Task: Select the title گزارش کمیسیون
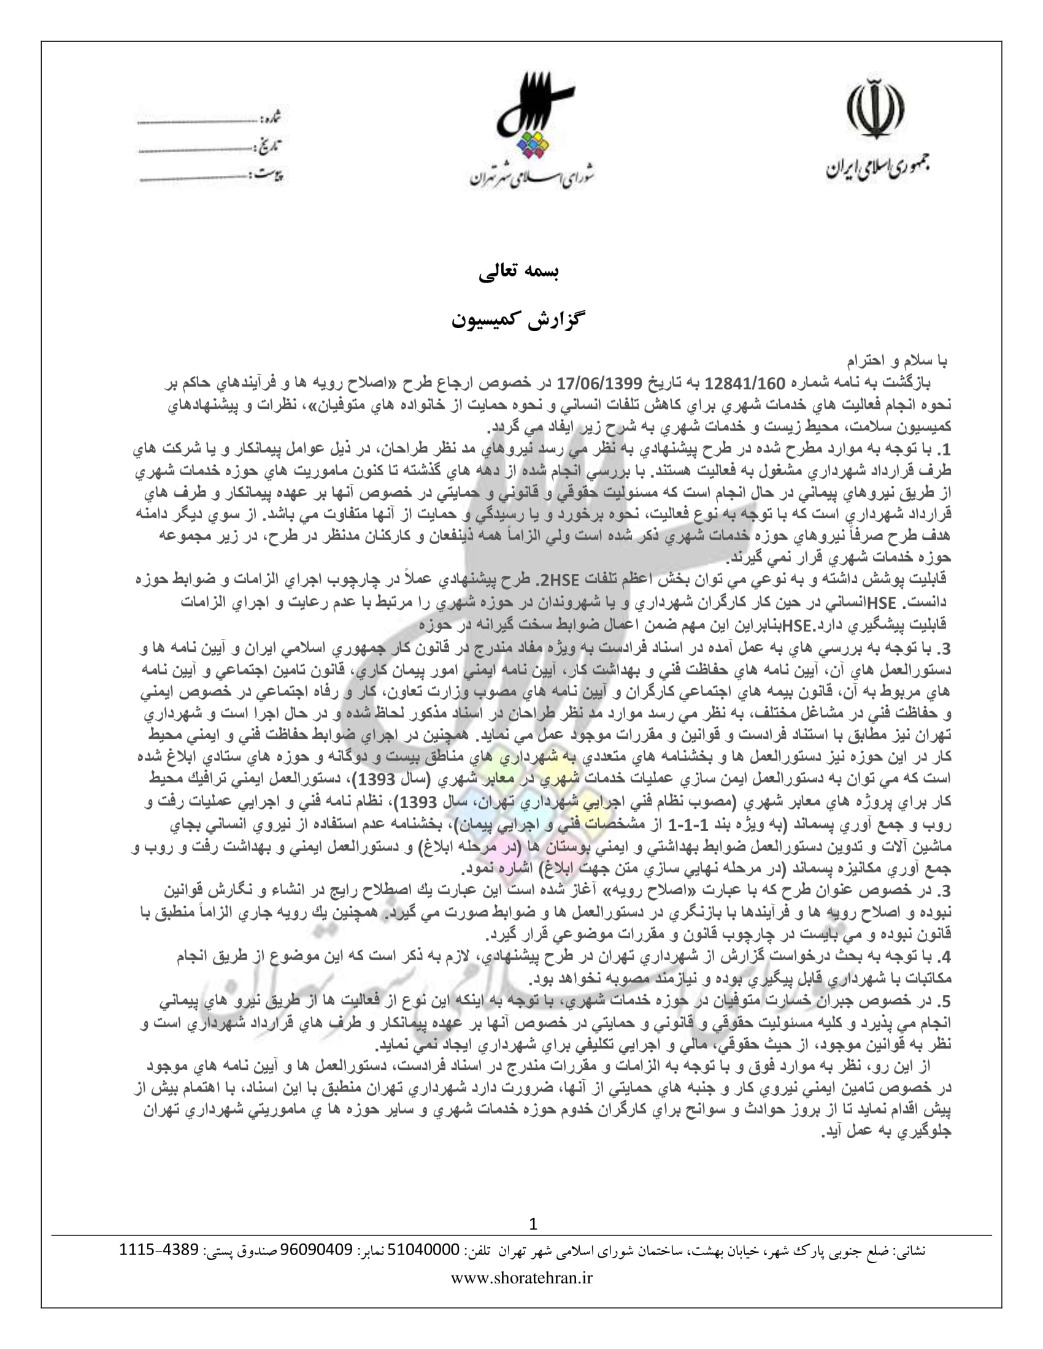click(x=518, y=321)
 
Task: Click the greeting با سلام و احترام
click(x=896, y=359)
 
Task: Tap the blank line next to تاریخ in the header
click(x=195, y=150)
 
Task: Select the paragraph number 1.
click(x=944, y=449)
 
